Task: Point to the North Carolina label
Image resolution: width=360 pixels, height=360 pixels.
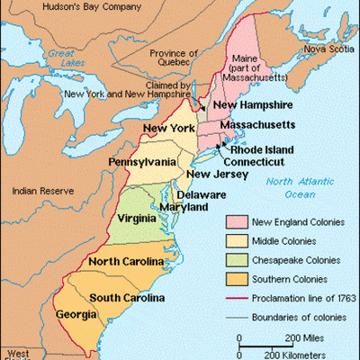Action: (126, 262)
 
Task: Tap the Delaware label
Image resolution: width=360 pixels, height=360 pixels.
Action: (202, 193)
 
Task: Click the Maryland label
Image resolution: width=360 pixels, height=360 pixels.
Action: (184, 207)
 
